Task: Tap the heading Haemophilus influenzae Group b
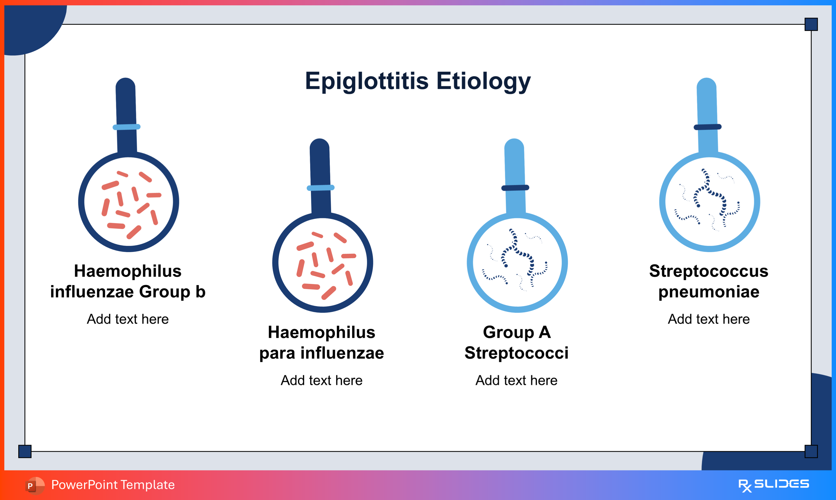coord(128,281)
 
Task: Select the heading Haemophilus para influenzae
coord(322,343)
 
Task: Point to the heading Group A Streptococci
coord(516,343)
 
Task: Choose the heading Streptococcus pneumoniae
coord(709,281)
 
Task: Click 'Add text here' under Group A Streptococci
coord(516,380)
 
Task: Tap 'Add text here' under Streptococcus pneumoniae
coord(709,319)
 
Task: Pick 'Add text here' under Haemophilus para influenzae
coord(322,380)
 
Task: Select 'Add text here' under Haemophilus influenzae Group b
coord(128,319)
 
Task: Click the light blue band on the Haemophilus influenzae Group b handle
coord(126,127)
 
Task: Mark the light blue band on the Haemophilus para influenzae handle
coord(321,188)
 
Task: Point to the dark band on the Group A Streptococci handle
coord(515,188)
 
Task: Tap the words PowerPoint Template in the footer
coord(113,485)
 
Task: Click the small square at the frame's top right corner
coord(811,24)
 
